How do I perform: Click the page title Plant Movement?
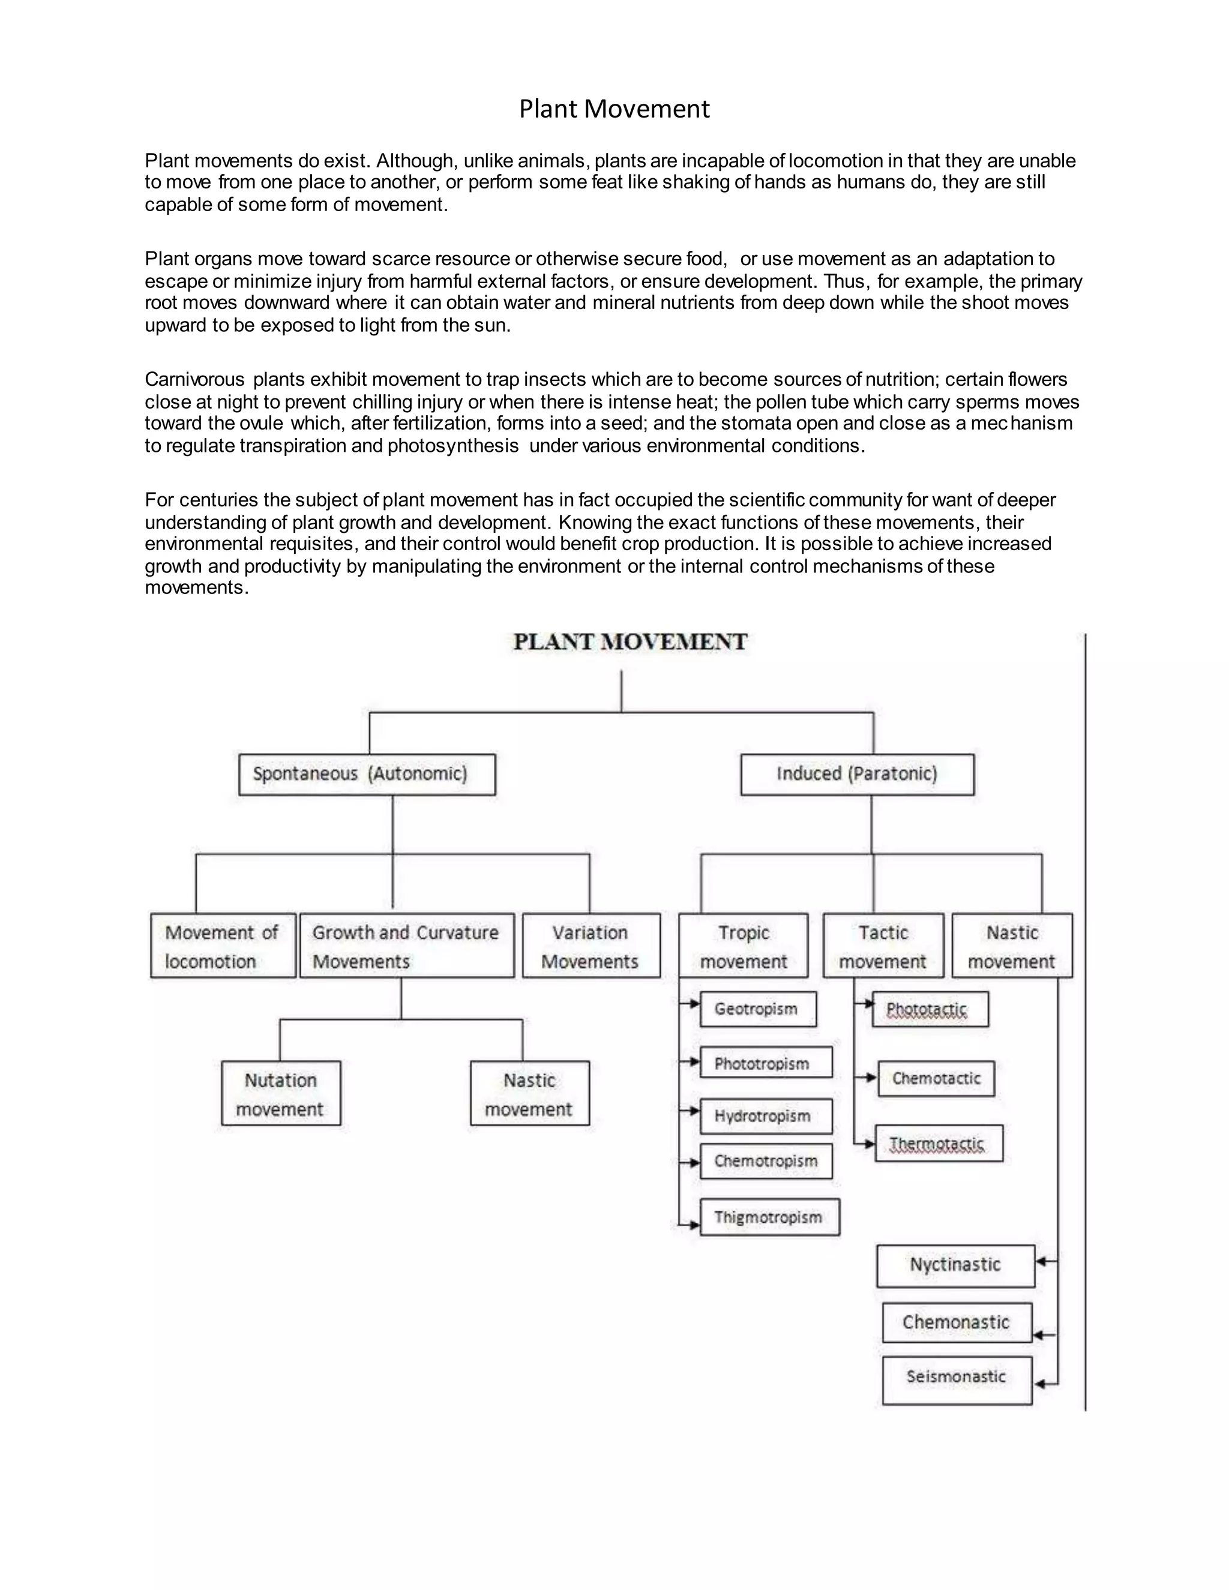(614, 109)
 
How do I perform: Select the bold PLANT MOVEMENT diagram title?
(630, 642)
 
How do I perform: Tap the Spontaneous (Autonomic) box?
(367, 774)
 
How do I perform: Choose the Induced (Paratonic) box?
(857, 774)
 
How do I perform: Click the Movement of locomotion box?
(223, 946)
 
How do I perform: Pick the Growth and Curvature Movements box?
(406, 946)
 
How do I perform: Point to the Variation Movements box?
(590, 946)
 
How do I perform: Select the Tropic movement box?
(744, 946)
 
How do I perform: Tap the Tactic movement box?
(883, 946)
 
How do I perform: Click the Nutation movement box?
(281, 1093)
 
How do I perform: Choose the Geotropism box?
(758, 1009)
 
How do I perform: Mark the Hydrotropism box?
(766, 1116)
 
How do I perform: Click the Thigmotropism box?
(769, 1217)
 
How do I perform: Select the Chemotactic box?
(936, 1078)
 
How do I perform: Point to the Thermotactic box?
(939, 1144)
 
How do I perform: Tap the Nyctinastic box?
(955, 1266)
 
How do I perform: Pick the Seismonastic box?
(957, 1379)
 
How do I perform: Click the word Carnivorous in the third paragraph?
(194, 380)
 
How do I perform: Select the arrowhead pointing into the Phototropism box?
(694, 1062)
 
